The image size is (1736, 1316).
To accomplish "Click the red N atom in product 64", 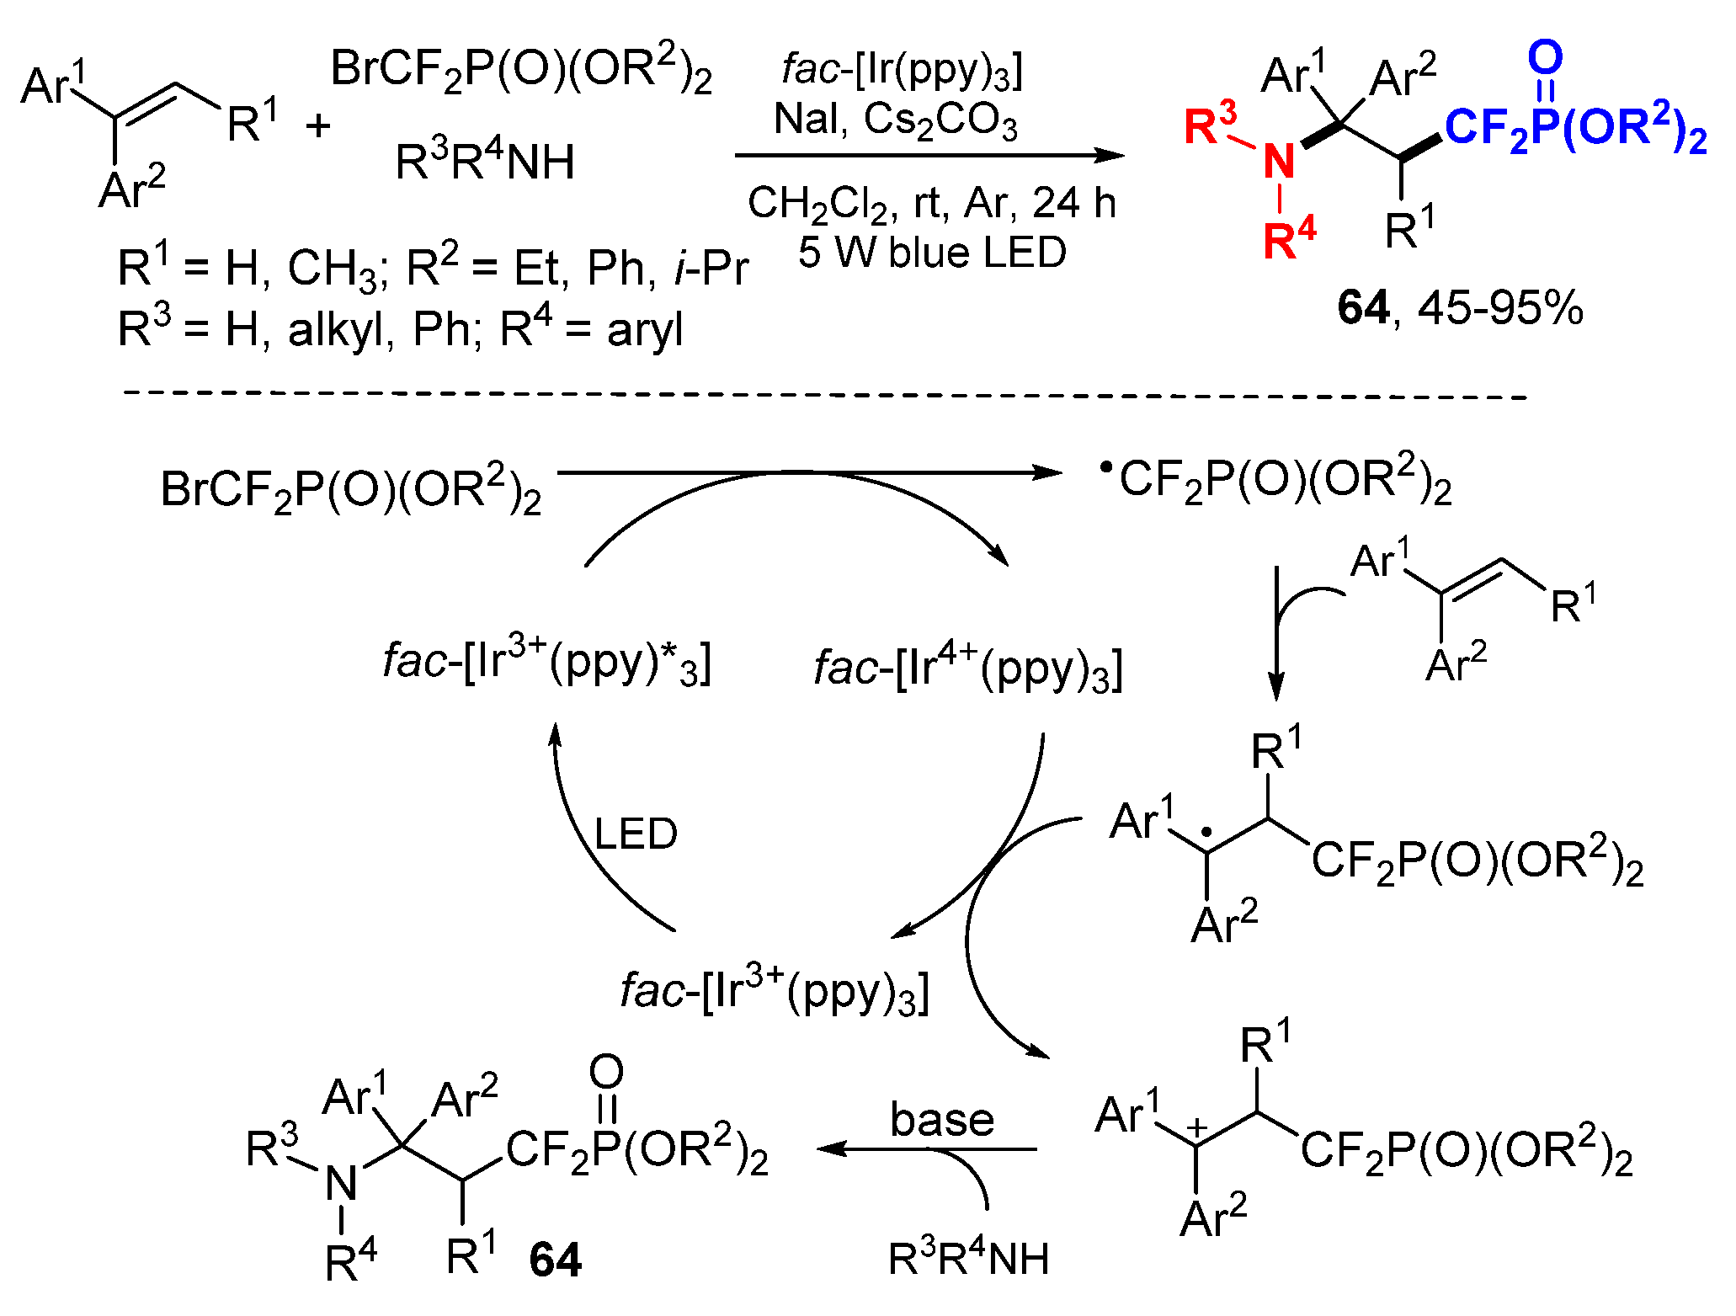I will pos(1279,161).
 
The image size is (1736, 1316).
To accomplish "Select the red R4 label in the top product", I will pos(1289,239).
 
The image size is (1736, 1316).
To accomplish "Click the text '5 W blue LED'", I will pos(932,253).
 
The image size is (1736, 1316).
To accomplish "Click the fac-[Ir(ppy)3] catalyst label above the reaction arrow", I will pos(902,70).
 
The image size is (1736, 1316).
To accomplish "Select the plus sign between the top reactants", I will pos(318,127).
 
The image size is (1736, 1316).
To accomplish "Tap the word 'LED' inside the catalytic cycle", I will pos(636,834).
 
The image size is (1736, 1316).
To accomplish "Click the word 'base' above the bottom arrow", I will pos(942,1119).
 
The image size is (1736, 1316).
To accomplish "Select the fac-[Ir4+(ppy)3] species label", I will pos(968,669).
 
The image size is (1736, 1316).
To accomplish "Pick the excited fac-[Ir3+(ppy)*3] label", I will pos(547,662).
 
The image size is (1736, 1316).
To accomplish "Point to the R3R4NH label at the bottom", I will pos(968,1260).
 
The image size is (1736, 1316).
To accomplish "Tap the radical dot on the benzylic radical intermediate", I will pos(1206,832).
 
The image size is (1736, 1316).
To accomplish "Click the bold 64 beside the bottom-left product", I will pos(556,1260).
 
